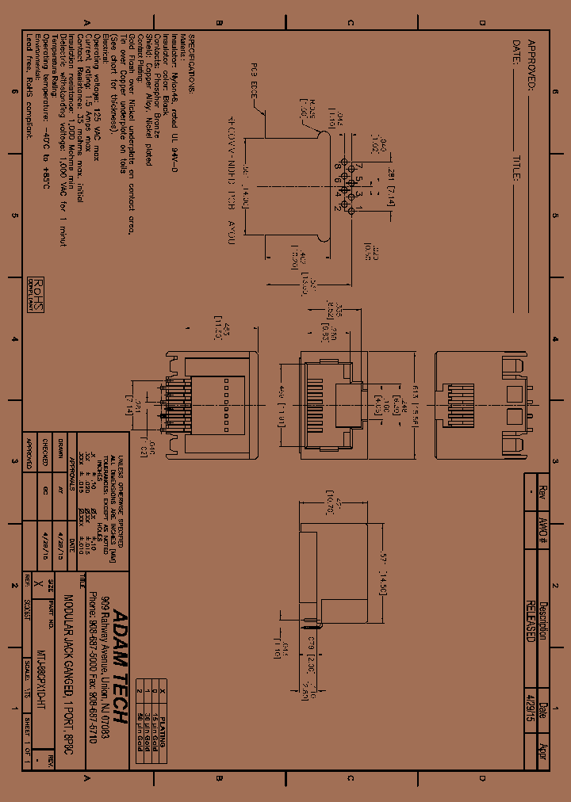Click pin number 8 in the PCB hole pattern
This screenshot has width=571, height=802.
(x=336, y=166)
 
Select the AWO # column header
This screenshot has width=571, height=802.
(x=543, y=522)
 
